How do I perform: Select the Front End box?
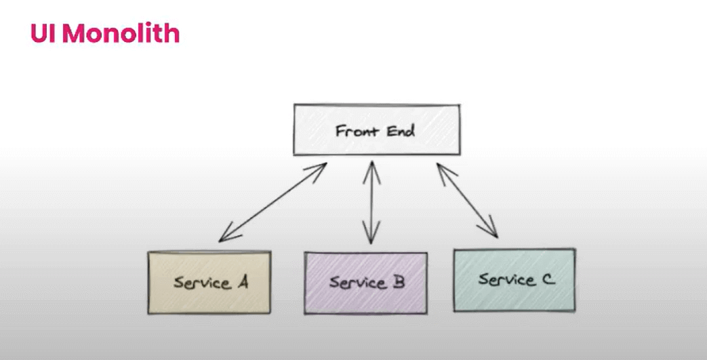(376, 129)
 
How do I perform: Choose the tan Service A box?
(209, 283)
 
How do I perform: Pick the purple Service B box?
(366, 282)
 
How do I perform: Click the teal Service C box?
(514, 279)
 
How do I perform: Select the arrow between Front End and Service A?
(272, 202)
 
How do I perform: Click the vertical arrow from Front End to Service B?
(370, 202)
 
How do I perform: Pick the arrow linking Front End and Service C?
(468, 200)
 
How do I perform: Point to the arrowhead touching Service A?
(224, 237)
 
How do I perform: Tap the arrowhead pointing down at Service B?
(370, 237)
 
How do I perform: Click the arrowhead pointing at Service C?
(493, 232)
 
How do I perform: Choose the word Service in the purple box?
(352, 282)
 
